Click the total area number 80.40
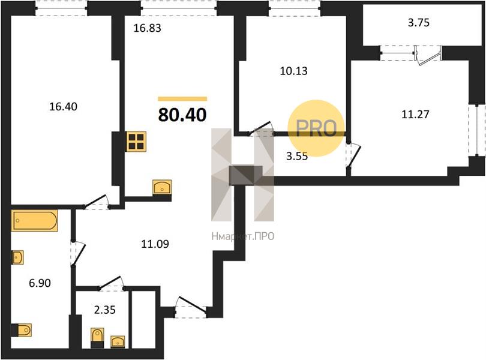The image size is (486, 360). [182, 115]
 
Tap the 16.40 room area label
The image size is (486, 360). [63, 107]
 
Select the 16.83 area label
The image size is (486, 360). [147, 28]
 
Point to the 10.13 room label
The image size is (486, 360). [293, 71]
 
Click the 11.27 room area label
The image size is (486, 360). [415, 115]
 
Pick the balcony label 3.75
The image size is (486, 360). [418, 23]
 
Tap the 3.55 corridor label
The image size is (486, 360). [297, 156]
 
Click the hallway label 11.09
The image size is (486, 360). [155, 244]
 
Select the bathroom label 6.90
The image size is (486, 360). [40, 283]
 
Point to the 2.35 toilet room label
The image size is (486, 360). [105, 310]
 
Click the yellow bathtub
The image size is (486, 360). [34, 220]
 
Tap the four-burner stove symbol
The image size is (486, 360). [136, 142]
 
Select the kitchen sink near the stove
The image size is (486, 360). [162, 187]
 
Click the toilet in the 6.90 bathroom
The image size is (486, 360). [22, 330]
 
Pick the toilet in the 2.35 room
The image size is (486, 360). [97, 338]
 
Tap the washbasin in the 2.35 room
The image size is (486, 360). [118, 342]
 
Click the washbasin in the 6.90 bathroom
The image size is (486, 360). [17, 257]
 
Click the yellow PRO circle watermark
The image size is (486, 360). [316, 128]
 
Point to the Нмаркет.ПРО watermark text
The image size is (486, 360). [242, 236]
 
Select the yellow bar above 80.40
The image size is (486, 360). [182, 99]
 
